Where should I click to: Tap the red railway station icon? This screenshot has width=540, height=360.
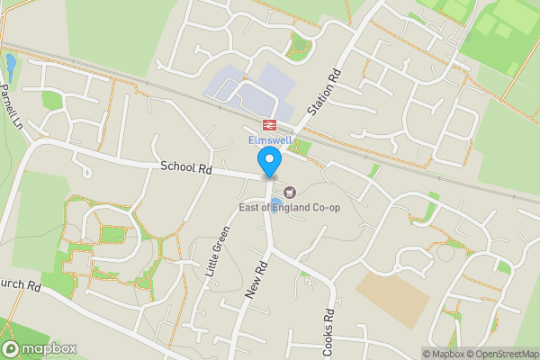click(268, 124)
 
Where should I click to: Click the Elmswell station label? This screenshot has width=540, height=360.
click(269, 140)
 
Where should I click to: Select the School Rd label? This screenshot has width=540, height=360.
click(186, 167)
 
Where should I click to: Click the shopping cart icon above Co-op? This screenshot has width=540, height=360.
click(290, 192)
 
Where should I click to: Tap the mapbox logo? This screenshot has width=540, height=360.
click(40, 348)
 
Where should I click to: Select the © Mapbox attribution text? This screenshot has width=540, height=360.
click(442, 354)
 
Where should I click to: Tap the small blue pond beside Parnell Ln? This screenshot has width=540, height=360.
click(10, 64)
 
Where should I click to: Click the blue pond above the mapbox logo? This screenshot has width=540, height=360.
click(9, 328)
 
